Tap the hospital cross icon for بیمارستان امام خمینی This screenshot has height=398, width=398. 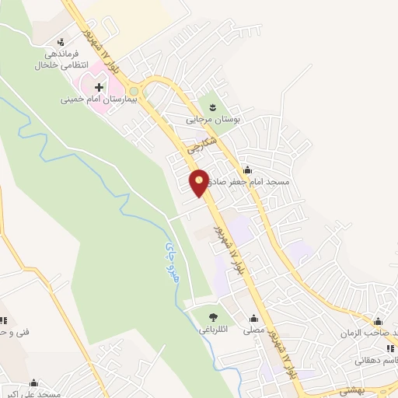coord(98,87)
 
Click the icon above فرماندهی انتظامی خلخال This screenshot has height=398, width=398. coord(61,42)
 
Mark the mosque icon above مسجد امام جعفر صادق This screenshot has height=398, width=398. coord(247,169)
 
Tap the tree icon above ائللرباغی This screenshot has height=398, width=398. coord(211,316)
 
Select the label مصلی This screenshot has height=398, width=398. coord(253,330)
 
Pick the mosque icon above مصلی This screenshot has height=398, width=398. coord(253,317)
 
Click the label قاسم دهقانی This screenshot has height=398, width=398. coord(375,360)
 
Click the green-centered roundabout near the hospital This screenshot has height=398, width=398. coord(134,90)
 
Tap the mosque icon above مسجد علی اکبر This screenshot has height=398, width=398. coord(33,382)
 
